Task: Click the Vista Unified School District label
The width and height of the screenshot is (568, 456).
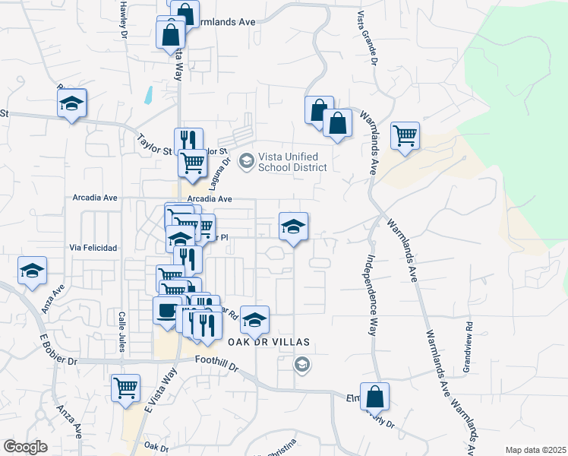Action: click(292, 162)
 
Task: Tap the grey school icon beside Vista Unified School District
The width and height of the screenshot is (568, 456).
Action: click(246, 161)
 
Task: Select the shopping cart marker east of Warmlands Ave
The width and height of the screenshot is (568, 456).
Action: click(405, 137)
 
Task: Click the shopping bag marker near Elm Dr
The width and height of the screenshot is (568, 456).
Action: click(374, 397)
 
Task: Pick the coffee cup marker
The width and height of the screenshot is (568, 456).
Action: click(166, 310)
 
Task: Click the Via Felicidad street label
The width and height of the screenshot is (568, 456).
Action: click(93, 249)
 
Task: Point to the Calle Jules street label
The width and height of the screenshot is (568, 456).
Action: click(120, 332)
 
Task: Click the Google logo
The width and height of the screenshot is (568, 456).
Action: click(25, 446)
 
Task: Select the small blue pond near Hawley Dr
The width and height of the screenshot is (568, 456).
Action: click(148, 94)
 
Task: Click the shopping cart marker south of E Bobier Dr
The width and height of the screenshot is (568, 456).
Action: click(125, 388)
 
